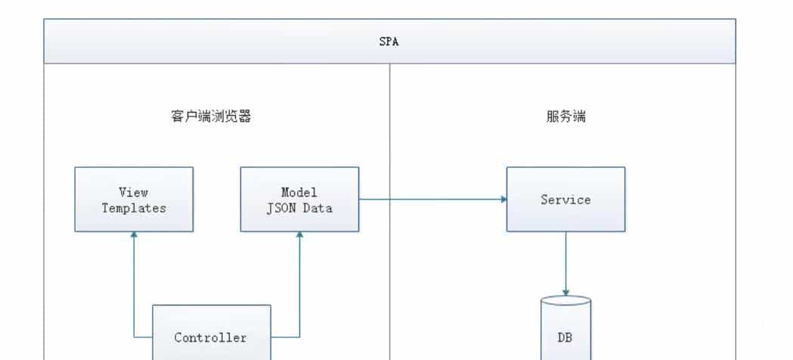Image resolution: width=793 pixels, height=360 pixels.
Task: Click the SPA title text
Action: tap(389, 42)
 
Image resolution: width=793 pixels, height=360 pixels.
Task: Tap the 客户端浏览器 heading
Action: tap(211, 116)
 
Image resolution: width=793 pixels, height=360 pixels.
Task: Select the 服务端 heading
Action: tap(565, 116)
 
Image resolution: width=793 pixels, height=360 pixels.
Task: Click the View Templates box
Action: tap(134, 200)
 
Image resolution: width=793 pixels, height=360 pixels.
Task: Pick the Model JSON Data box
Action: tap(299, 200)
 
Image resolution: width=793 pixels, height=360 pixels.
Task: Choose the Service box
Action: tap(565, 200)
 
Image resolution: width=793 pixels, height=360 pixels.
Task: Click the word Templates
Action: tap(134, 208)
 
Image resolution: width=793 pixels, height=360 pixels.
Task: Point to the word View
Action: tap(134, 192)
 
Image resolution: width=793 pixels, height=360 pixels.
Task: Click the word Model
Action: tap(299, 192)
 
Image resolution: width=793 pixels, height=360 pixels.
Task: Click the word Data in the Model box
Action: tap(318, 208)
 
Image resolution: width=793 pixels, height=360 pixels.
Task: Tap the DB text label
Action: tap(565, 338)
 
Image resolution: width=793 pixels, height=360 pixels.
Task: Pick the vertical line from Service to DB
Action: tap(565, 261)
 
